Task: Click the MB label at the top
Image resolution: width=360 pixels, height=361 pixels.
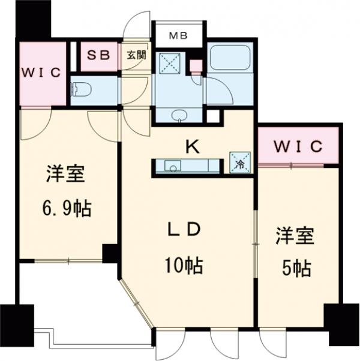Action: pyautogui.click(x=177, y=35)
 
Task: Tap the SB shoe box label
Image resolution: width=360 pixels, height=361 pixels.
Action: pyautogui.click(x=99, y=55)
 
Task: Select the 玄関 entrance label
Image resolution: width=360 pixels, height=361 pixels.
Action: pyautogui.click(x=136, y=55)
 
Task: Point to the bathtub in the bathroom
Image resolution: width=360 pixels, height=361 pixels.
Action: pyautogui.click(x=233, y=61)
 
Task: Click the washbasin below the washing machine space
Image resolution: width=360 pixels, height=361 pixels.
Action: pyautogui.click(x=179, y=115)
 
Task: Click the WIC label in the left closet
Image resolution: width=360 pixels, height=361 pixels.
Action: pyautogui.click(x=41, y=73)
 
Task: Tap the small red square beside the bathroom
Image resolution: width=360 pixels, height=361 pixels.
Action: pyautogui.click(x=195, y=66)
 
